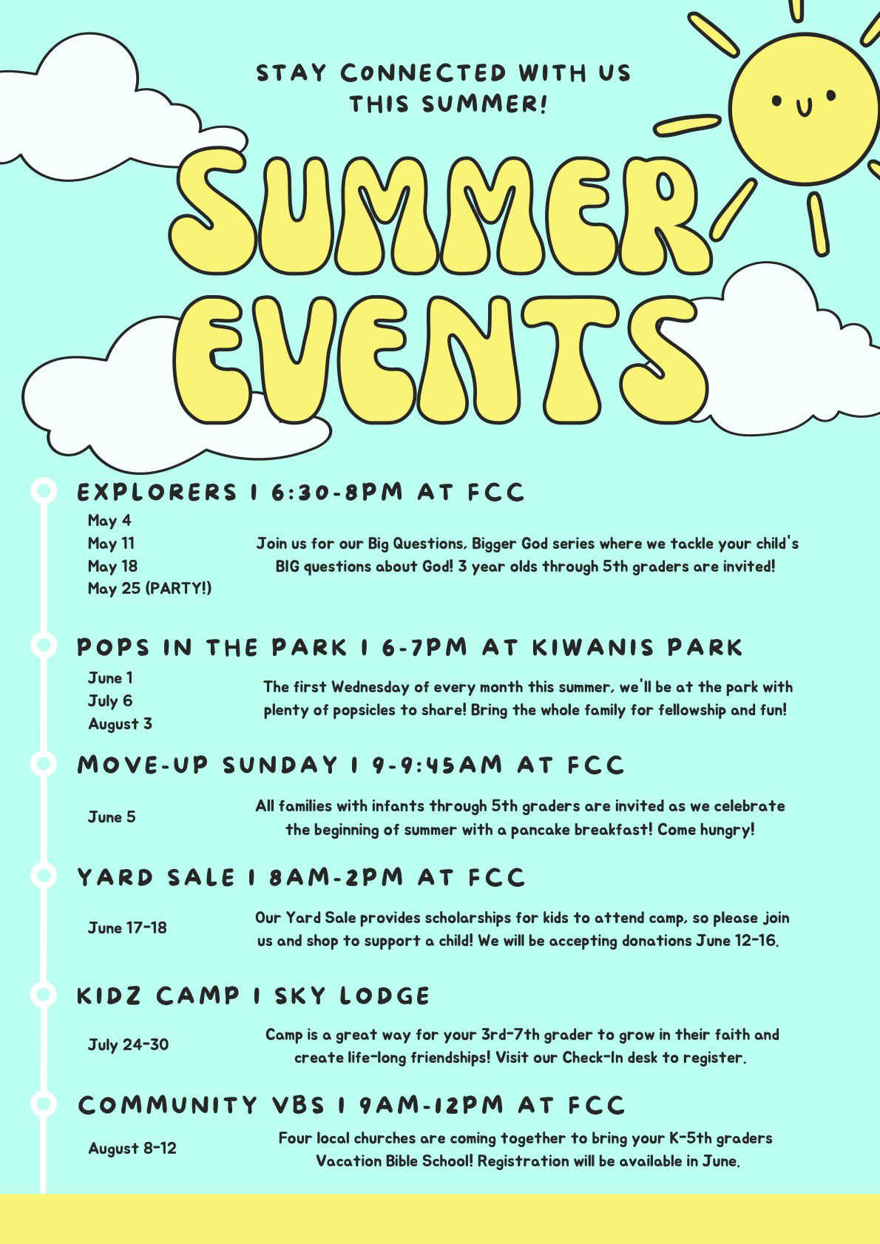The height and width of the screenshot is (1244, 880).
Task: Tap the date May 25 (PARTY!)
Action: [149, 588]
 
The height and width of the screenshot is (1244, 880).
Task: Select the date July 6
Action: [110, 701]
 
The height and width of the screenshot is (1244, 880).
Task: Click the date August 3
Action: [120, 724]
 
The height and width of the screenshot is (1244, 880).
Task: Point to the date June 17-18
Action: [127, 928]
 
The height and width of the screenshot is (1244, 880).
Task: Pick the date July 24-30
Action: [128, 1044]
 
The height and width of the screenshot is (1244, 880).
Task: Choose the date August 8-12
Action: [132, 1149]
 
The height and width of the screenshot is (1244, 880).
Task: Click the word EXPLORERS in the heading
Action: [157, 492]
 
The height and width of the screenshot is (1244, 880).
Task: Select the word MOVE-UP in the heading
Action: [143, 765]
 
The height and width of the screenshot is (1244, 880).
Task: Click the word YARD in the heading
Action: [115, 877]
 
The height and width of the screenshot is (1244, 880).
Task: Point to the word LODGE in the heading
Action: [385, 995]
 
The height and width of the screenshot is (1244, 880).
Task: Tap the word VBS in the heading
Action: [299, 1105]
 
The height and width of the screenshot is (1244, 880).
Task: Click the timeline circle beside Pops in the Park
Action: [44, 646]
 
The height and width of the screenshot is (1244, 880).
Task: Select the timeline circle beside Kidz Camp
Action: [44, 994]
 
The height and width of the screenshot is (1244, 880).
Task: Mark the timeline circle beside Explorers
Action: [44, 491]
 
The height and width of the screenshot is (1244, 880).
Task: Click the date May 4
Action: [109, 521]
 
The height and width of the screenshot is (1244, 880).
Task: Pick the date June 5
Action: [112, 817]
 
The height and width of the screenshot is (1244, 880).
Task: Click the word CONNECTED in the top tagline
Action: [423, 73]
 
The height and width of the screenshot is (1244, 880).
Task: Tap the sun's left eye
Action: [776, 101]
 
